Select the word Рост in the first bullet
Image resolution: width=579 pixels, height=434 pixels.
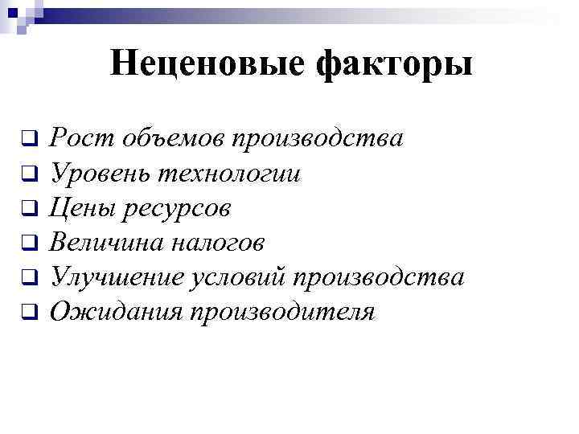pos(77,138)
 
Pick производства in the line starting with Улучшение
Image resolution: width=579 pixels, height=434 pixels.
pos(379,277)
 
